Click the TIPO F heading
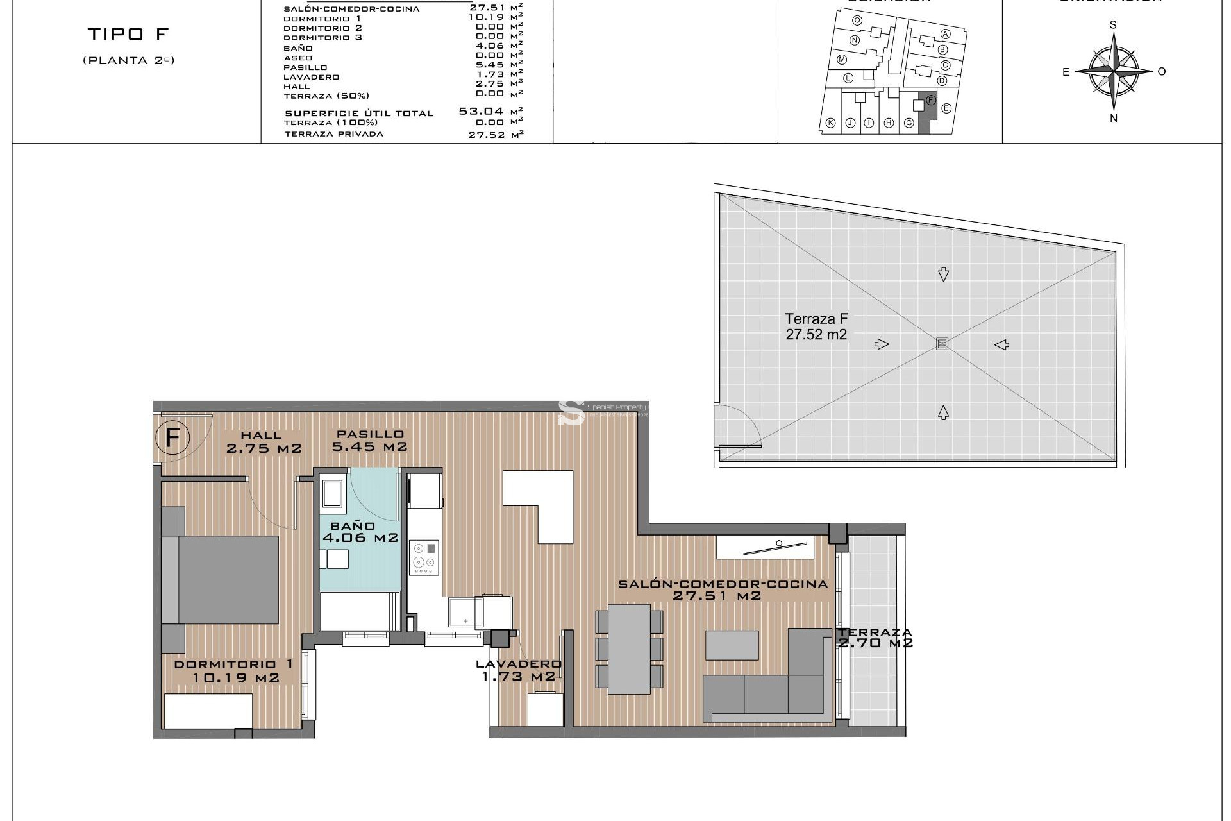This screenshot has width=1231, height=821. coord(128,34)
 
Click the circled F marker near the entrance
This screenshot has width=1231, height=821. coord(172,438)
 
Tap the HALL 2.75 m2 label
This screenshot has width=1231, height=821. coord(264,443)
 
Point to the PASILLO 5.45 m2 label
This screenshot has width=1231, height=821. coord(370,441)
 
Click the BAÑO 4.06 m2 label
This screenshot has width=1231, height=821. coord(360,532)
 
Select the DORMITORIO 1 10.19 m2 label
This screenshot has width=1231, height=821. coord(235,671)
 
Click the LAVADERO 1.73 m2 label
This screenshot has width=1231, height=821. coord(518,670)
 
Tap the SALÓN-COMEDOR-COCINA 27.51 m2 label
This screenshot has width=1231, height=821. coord(722,589)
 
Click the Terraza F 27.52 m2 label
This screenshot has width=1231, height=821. coord(816,326)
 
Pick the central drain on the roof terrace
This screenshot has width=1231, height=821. coord(942,344)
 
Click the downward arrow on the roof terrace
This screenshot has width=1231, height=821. coord(943,275)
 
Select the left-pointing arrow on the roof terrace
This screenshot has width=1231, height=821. coord(1002,345)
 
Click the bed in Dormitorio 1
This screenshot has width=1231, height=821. coord(221,579)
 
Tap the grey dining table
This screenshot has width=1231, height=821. coord(629,649)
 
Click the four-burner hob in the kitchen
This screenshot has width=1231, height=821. coord(424,557)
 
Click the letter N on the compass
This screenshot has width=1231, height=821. coord(1114,118)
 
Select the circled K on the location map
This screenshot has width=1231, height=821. coord(831,123)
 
